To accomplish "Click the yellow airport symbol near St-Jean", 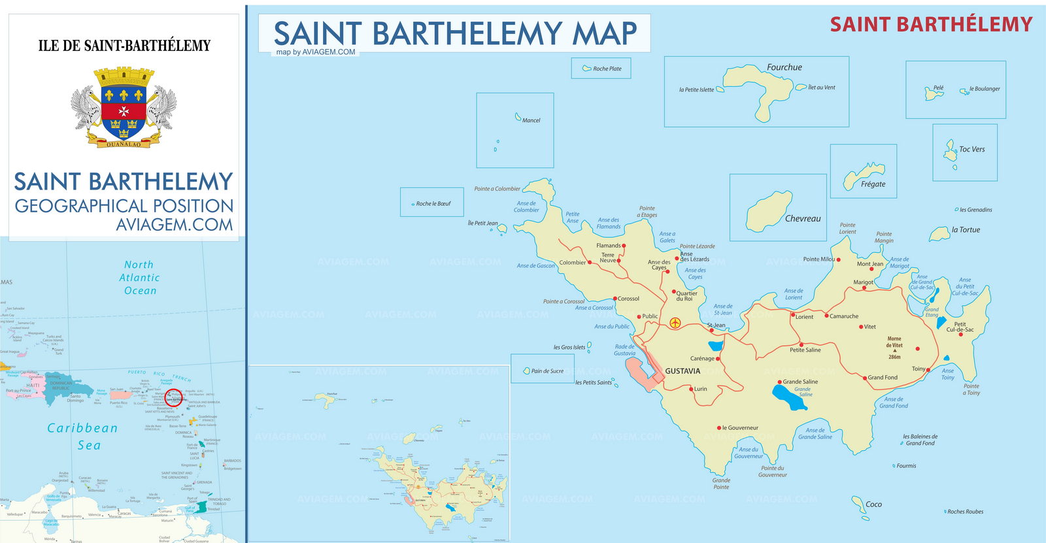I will click(675, 323).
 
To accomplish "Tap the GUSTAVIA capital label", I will click(683, 371).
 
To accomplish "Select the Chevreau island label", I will click(802, 219).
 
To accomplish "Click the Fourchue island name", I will click(784, 67).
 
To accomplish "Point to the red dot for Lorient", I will click(792, 316).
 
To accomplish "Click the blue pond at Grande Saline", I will click(789, 397).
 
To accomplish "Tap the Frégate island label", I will click(873, 184).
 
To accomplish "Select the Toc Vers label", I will click(971, 150).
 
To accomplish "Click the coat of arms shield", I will click(124, 108).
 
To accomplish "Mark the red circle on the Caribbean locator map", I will click(174, 397).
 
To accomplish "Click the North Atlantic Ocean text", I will click(140, 278).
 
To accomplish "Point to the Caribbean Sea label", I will click(83, 436).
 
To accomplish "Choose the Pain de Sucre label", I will click(547, 371).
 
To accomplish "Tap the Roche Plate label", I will click(607, 69).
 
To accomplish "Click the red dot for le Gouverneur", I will click(718, 428).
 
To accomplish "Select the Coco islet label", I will click(873, 504).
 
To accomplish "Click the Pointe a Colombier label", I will click(497, 189).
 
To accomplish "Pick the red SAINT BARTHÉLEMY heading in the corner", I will click(931, 25).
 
